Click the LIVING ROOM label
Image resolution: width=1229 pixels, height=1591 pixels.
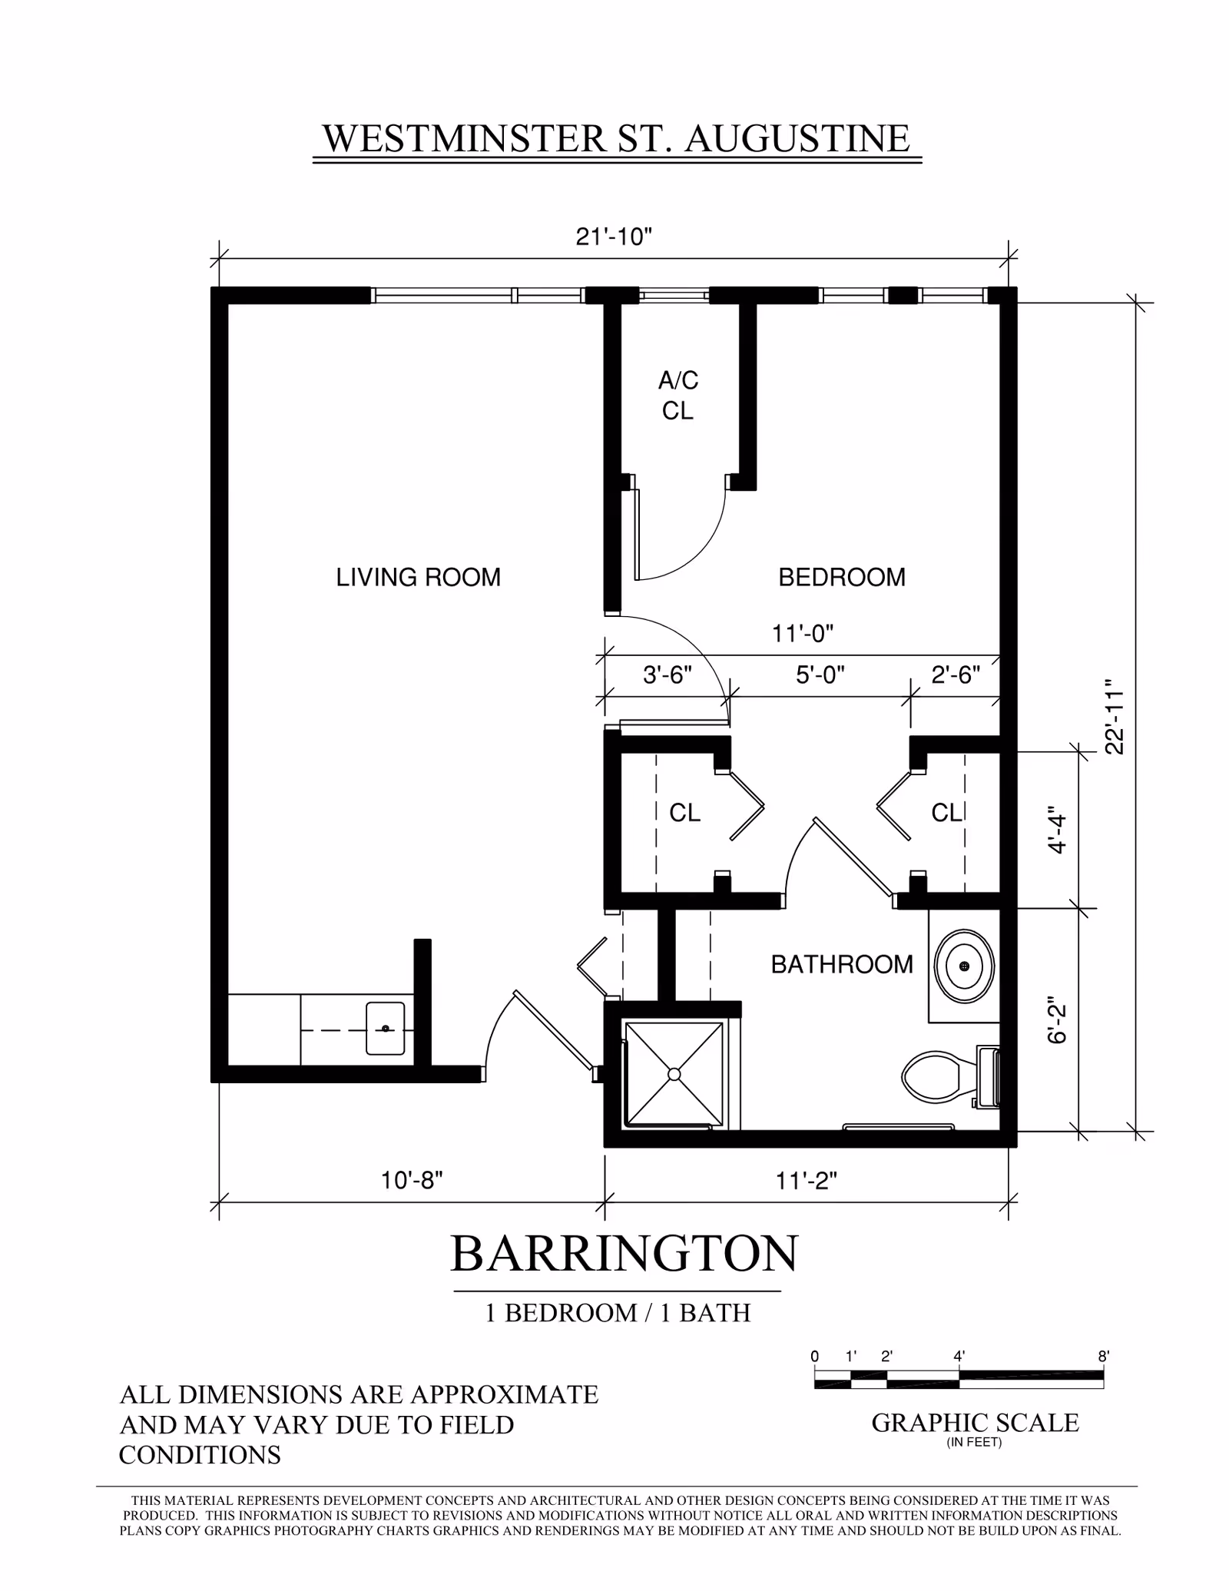point(418,577)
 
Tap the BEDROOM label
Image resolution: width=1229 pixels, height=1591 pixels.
point(842,577)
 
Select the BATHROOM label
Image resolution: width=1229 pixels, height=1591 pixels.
point(842,964)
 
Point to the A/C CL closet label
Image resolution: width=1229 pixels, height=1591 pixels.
point(678,396)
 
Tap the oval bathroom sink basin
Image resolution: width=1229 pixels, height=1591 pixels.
point(964,966)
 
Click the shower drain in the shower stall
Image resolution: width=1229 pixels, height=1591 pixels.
point(674,1074)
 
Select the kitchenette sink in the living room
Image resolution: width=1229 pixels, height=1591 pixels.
point(385,1028)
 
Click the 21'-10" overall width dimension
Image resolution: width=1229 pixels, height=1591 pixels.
point(614,237)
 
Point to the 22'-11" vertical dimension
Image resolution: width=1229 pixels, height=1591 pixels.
point(1114,716)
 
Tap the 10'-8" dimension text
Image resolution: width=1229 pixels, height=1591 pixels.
point(412,1180)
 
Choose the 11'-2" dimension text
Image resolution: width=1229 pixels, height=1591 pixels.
point(806,1180)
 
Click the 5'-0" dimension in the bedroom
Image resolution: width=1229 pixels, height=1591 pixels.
point(820,675)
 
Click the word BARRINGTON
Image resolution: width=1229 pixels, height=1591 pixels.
point(624,1254)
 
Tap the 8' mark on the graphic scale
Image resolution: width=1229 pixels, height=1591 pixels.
point(1104,1357)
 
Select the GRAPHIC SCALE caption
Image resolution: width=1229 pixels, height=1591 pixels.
point(975,1423)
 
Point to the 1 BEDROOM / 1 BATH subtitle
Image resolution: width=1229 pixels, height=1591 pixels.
point(618,1313)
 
